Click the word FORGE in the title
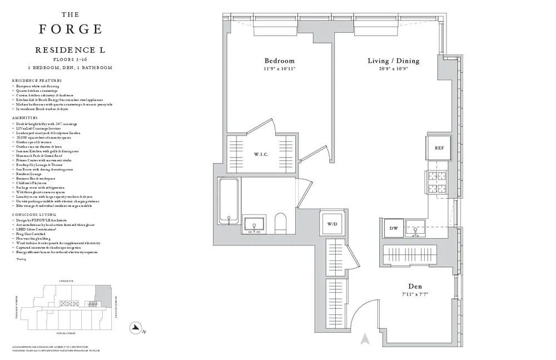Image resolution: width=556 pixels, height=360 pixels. [x=70, y=29]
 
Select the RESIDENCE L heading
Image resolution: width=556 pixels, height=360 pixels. [x=70, y=50]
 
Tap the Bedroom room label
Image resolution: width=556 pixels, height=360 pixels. [x=279, y=61]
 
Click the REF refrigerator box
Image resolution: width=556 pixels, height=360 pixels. [x=438, y=148]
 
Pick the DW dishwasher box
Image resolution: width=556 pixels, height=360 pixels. [x=393, y=228]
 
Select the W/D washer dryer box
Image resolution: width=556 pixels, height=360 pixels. [x=332, y=225]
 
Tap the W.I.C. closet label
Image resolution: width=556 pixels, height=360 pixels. [x=261, y=155]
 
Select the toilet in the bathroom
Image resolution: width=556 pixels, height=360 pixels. [x=282, y=223]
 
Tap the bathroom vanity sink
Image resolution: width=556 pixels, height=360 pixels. [x=255, y=225]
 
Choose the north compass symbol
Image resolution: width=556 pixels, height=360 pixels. [x=133, y=328]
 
